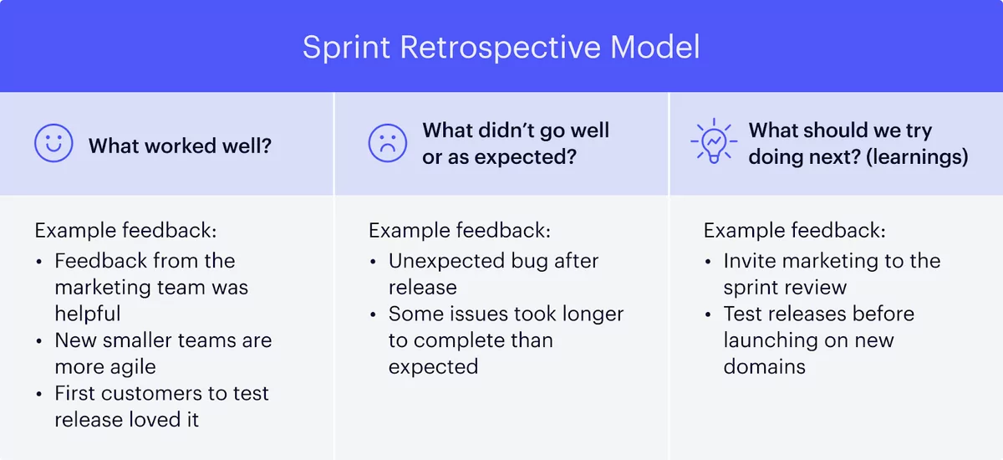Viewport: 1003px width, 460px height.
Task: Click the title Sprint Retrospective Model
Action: click(x=501, y=47)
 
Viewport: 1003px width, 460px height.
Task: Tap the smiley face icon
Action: click(x=54, y=144)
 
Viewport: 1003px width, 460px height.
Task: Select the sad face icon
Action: click(x=388, y=144)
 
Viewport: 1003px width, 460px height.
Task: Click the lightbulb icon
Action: click(x=713, y=143)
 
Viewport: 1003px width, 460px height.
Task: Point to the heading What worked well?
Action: click(x=180, y=146)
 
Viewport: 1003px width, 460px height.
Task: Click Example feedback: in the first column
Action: click(x=125, y=231)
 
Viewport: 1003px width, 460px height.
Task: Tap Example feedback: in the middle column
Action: click(x=460, y=231)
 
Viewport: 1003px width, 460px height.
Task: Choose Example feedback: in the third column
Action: click(x=794, y=231)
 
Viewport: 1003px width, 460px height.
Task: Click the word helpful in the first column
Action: click(x=88, y=314)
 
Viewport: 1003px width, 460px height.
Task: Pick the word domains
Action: click(x=764, y=366)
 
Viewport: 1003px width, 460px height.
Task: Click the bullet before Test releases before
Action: click(x=709, y=314)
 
